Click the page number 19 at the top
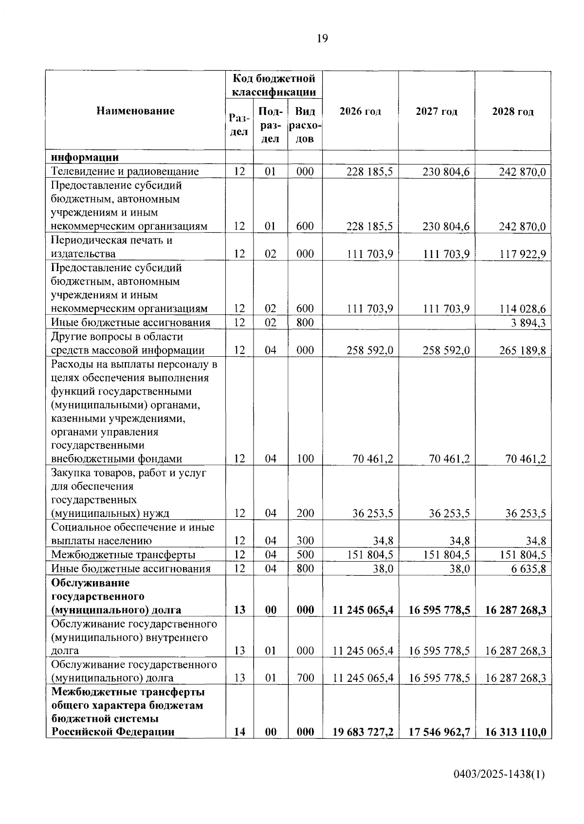[x=322, y=38]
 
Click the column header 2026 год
[x=360, y=111]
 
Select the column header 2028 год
[x=513, y=111]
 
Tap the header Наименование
[x=135, y=110]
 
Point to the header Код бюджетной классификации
[x=274, y=85]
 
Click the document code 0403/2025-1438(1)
[x=499, y=774]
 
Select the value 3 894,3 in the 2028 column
[x=528, y=323]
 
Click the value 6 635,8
[x=528, y=569]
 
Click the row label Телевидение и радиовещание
[x=125, y=171]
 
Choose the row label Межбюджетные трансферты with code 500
[x=124, y=555]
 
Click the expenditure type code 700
[x=305, y=678]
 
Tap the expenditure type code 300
[x=305, y=541]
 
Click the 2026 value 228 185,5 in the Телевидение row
[x=369, y=172]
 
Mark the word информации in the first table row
[x=85, y=157]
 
